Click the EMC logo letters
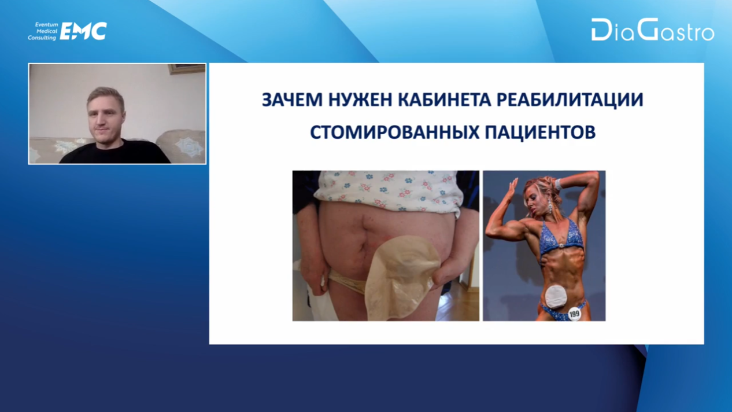click(84, 31)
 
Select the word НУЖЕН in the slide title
click(360, 100)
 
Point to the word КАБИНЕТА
click(444, 100)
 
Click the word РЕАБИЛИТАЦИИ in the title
click(570, 100)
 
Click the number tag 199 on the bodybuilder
click(574, 314)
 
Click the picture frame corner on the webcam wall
click(187, 69)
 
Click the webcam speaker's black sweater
click(115, 152)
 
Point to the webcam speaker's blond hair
click(105, 97)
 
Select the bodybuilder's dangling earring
click(550, 207)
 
